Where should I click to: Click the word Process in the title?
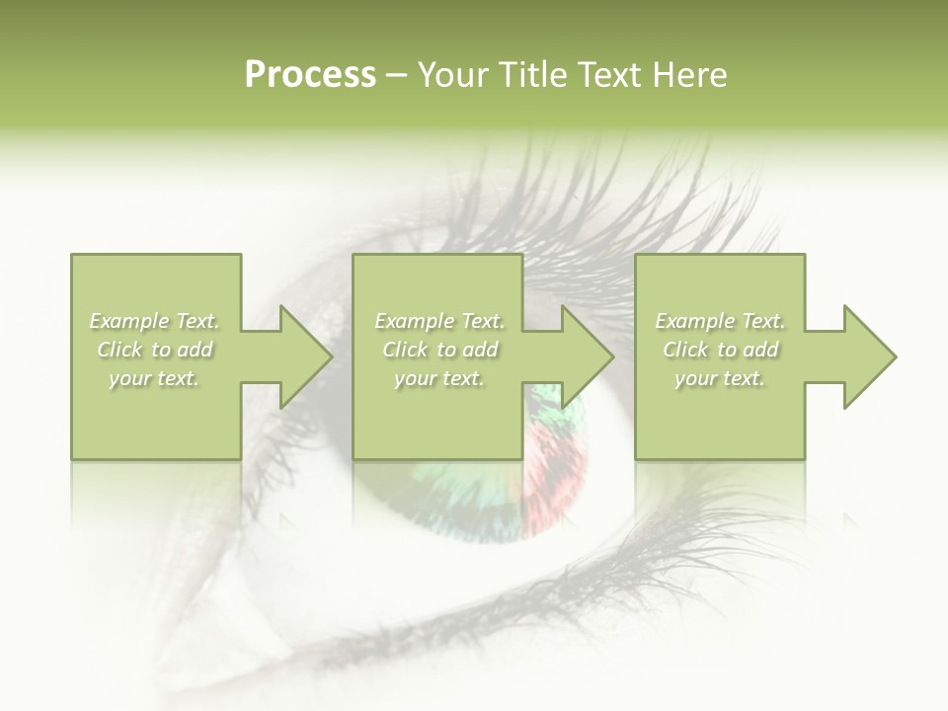pos(310,75)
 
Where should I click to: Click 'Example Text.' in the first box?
pos(155,321)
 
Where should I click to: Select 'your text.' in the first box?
pos(155,378)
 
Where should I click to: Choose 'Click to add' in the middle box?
pos(439,350)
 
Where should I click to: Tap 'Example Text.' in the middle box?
pos(439,321)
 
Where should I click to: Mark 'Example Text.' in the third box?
pos(720,321)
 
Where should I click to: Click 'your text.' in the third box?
pos(720,378)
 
